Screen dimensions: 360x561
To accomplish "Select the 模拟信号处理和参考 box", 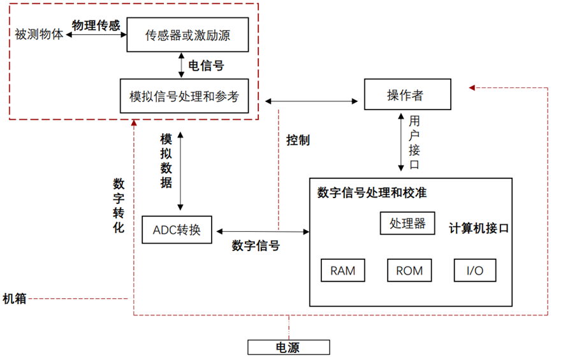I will pos(184,96).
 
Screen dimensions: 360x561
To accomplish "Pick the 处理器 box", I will pos(407,224).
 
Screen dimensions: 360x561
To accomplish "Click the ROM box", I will pos(409,270).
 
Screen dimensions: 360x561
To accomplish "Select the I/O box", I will pos(474,270).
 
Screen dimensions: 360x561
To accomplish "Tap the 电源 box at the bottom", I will pos(288,347).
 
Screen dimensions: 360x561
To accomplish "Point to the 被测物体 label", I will pos(39,34).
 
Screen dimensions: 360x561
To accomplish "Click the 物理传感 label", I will pos(96,25).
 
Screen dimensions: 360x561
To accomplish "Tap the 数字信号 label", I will pos(255,245).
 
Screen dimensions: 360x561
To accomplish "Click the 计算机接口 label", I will pos(479,228).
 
